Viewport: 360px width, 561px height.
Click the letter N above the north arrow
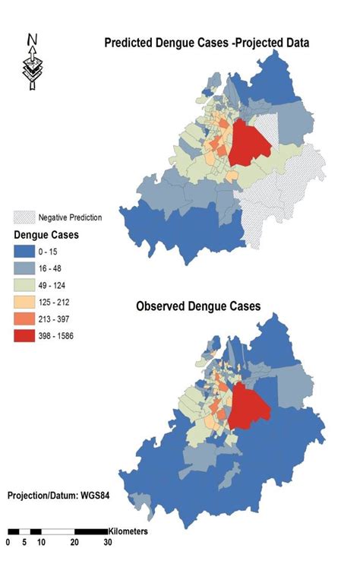click(x=32, y=39)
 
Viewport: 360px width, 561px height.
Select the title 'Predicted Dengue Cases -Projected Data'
click(x=207, y=43)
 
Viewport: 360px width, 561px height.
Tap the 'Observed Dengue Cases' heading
click(x=197, y=306)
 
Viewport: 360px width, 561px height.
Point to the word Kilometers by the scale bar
click(x=128, y=531)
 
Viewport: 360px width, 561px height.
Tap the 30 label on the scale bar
click(x=108, y=543)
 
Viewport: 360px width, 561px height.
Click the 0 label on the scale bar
click(x=8, y=543)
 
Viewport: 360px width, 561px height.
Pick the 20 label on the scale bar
click(x=74, y=543)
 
